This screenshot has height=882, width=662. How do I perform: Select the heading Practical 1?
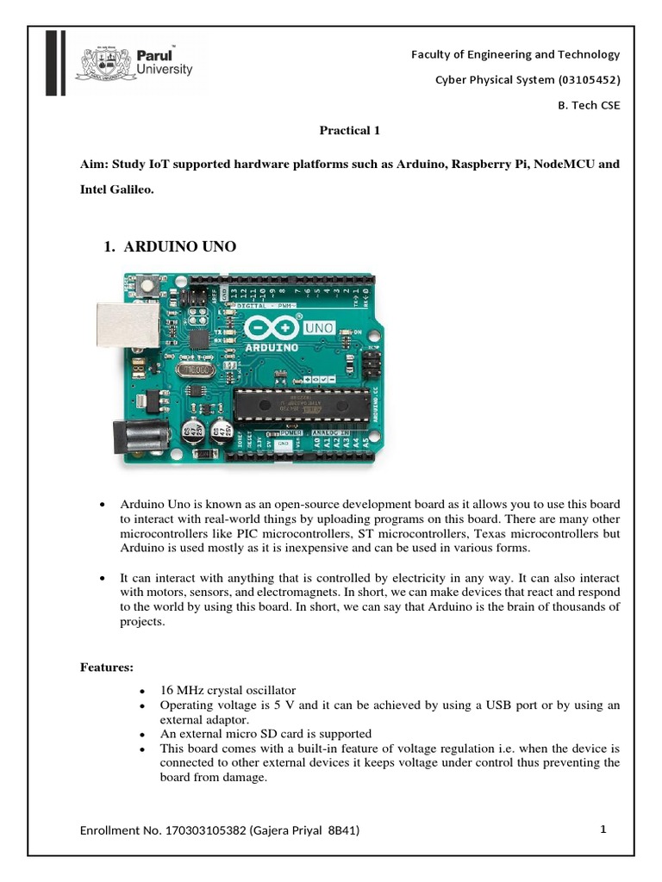click(350, 131)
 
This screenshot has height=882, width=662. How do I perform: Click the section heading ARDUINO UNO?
click(179, 247)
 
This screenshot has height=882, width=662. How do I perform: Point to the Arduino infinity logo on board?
click(271, 327)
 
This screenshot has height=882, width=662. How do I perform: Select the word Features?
click(107, 667)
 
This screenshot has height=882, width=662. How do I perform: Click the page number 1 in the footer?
click(604, 829)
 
